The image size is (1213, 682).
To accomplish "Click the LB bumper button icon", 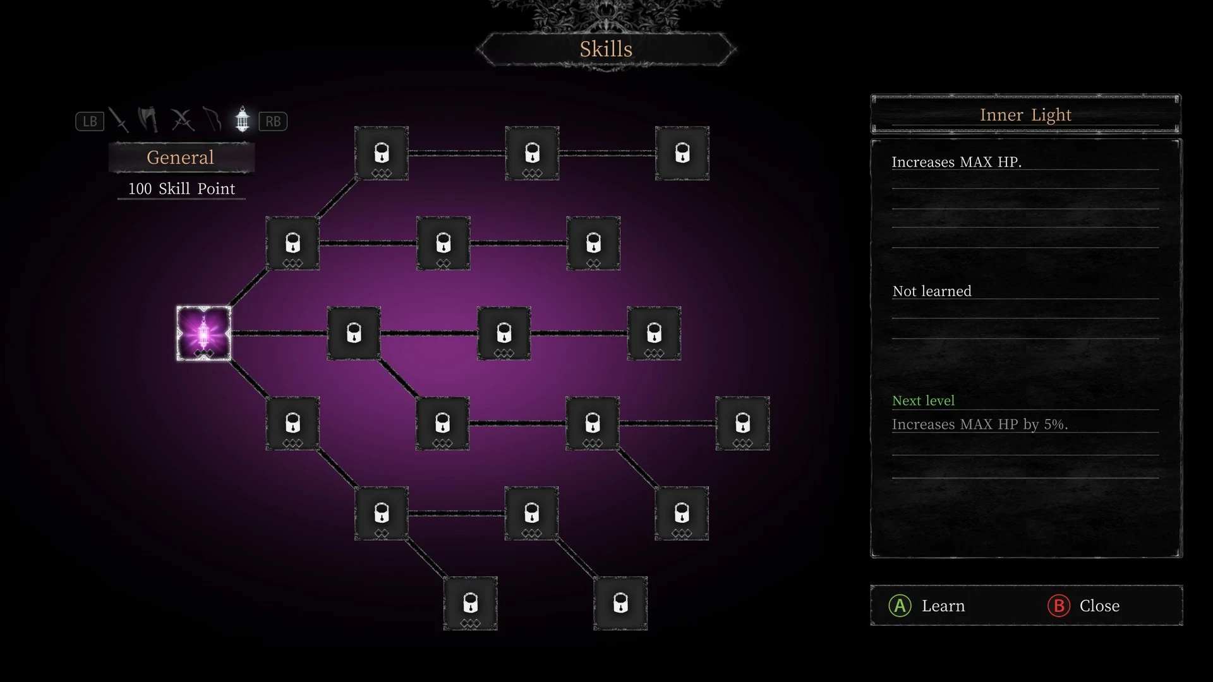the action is pyautogui.click(x=90, y=121).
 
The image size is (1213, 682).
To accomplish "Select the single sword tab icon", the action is pyautogui.click(x=119, y=120).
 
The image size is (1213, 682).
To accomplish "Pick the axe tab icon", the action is pyautogui.click(x=148, y=119).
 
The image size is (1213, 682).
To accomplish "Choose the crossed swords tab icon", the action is pyautogui.click(x=183, y=120).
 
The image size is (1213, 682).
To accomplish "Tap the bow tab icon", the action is pyautogui.click(x=212, y=119).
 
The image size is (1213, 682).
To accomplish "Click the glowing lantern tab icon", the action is pyautogui.click(x=242, y=119).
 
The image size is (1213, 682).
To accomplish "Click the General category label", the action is pyautogui.click(x=181, y=157).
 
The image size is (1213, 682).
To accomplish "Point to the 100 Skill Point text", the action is pyautogui.click(x=182, y=189).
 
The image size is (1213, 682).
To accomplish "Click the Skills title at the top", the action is pyautogui.click(x=606, y=49).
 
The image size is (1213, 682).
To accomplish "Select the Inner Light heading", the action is pyautogui.click(x=1025, y=115).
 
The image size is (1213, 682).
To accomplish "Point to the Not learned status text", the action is pyautogui.click(x=932, y=291).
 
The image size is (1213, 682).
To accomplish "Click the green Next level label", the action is pyautogui.click(x=923, y=400).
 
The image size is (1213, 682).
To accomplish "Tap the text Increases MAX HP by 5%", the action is pyautogui.click(x=980, y=424).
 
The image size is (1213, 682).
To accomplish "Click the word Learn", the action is pyautogui.click(x=943, y=606).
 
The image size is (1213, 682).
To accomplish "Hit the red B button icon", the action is pyautogui.click(x=1059, y=606).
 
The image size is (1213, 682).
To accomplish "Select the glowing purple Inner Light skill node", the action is pyautogui.click(x=203, y=333).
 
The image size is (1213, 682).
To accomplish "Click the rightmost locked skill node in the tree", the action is pyautogui.click(x=742, y=423).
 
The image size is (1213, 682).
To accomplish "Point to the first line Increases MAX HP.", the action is pyautogui.click(x=957, y=162).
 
